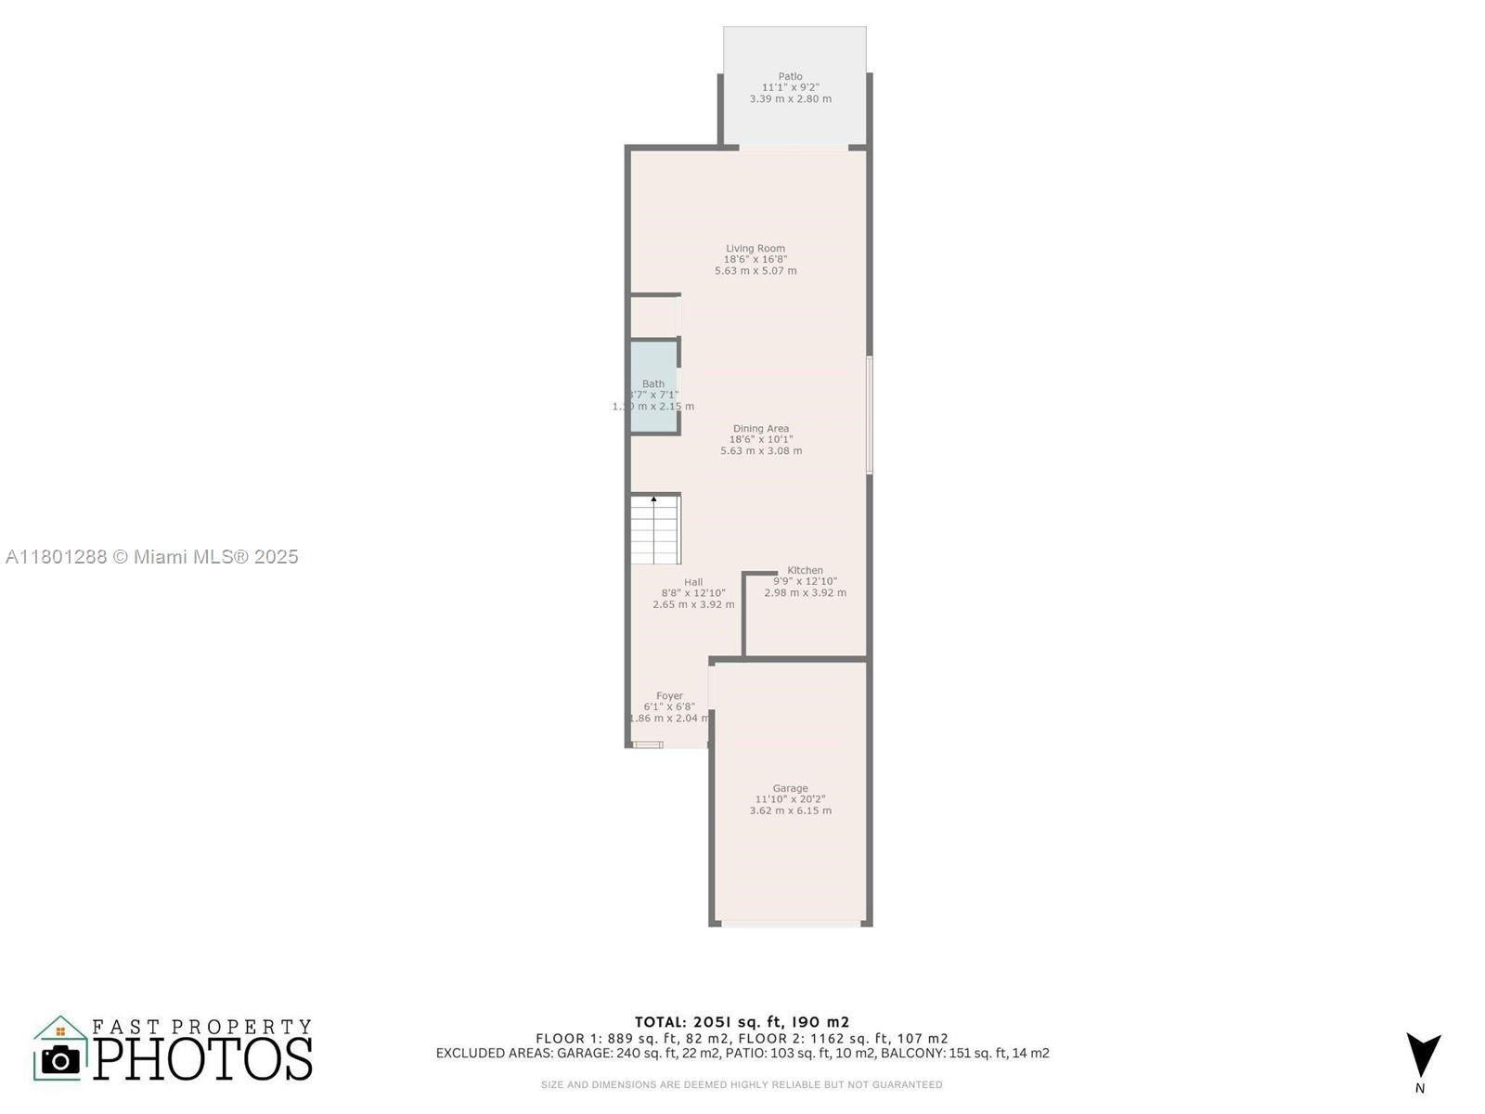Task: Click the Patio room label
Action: pyautogui.click(x=790, y=77)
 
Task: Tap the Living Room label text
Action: pyautogui.click(x=755, y=249)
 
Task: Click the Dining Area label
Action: pyautogui.click(x=760, y=429)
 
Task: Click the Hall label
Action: pyautogui.click(x=693, y=582)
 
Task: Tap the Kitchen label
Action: pyautogui.click(x=805, y=570)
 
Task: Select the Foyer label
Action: pyautogui.click(x=669, y=695)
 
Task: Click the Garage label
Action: pyautogui.click(x=790, y=788)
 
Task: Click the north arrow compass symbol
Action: pyautogui.click(x=1422, y=1056)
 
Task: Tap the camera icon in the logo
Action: pyautogui.click(x=60, y=1059)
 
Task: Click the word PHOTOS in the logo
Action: pyautogui.click(x=202, y=1059)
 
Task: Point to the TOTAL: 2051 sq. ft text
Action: pyautogui.click(x=742, y=1022)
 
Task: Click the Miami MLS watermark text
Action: pyautogui.click(x=151, y=557)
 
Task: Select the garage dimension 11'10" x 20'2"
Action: pyautogui.click(x=790, y=799)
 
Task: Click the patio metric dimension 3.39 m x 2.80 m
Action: pyautogui.click(x=790, y=98)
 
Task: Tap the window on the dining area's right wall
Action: pyautogui.click(x=870, y=415)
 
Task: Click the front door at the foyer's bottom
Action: pyautogui.click(x=648, y=745)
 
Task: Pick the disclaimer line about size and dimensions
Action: pyautogui.click(x=742, y=1084)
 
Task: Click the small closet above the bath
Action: pyautogui.click(x=654, y=317)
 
